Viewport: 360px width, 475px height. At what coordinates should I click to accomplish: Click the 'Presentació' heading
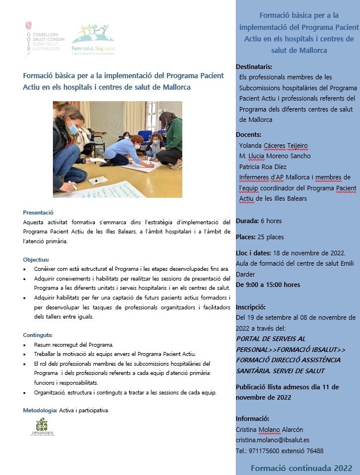coord(38,212)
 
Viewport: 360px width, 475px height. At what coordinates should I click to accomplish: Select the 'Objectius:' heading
coord(36,259)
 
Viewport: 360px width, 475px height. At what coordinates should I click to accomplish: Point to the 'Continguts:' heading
coord(38,335)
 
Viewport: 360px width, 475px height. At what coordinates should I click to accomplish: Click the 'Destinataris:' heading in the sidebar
coord(254,67)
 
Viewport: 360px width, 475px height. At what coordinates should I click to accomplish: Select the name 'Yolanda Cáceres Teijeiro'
coord(274,145)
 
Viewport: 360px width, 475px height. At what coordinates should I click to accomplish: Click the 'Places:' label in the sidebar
coord(246,237)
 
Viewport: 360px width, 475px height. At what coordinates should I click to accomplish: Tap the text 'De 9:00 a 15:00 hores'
coord(268,284)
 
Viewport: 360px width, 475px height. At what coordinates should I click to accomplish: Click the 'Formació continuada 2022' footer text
coord(301,468)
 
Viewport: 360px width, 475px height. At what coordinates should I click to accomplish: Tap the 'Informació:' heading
coord(252,419)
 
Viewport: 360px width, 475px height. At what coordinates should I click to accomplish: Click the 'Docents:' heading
coord(248,135)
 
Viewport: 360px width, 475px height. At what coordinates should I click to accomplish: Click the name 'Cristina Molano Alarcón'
coord(270,430)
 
